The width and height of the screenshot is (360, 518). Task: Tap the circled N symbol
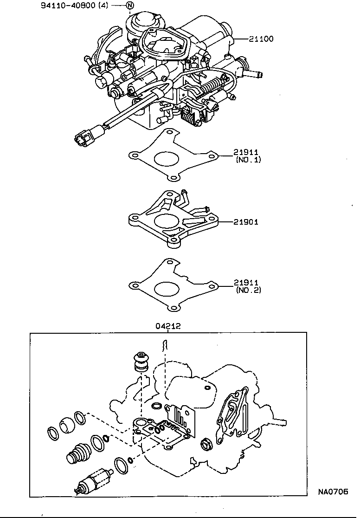(x=130, y=6)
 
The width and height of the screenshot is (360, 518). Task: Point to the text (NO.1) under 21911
(x=248, y=160)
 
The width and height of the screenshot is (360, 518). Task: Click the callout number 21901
(x=246, y=222)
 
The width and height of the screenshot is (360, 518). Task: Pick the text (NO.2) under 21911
(x=248, y=290)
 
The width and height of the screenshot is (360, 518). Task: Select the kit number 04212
(x=167, y=326)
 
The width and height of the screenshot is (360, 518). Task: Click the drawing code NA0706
(x=333, y=492)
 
